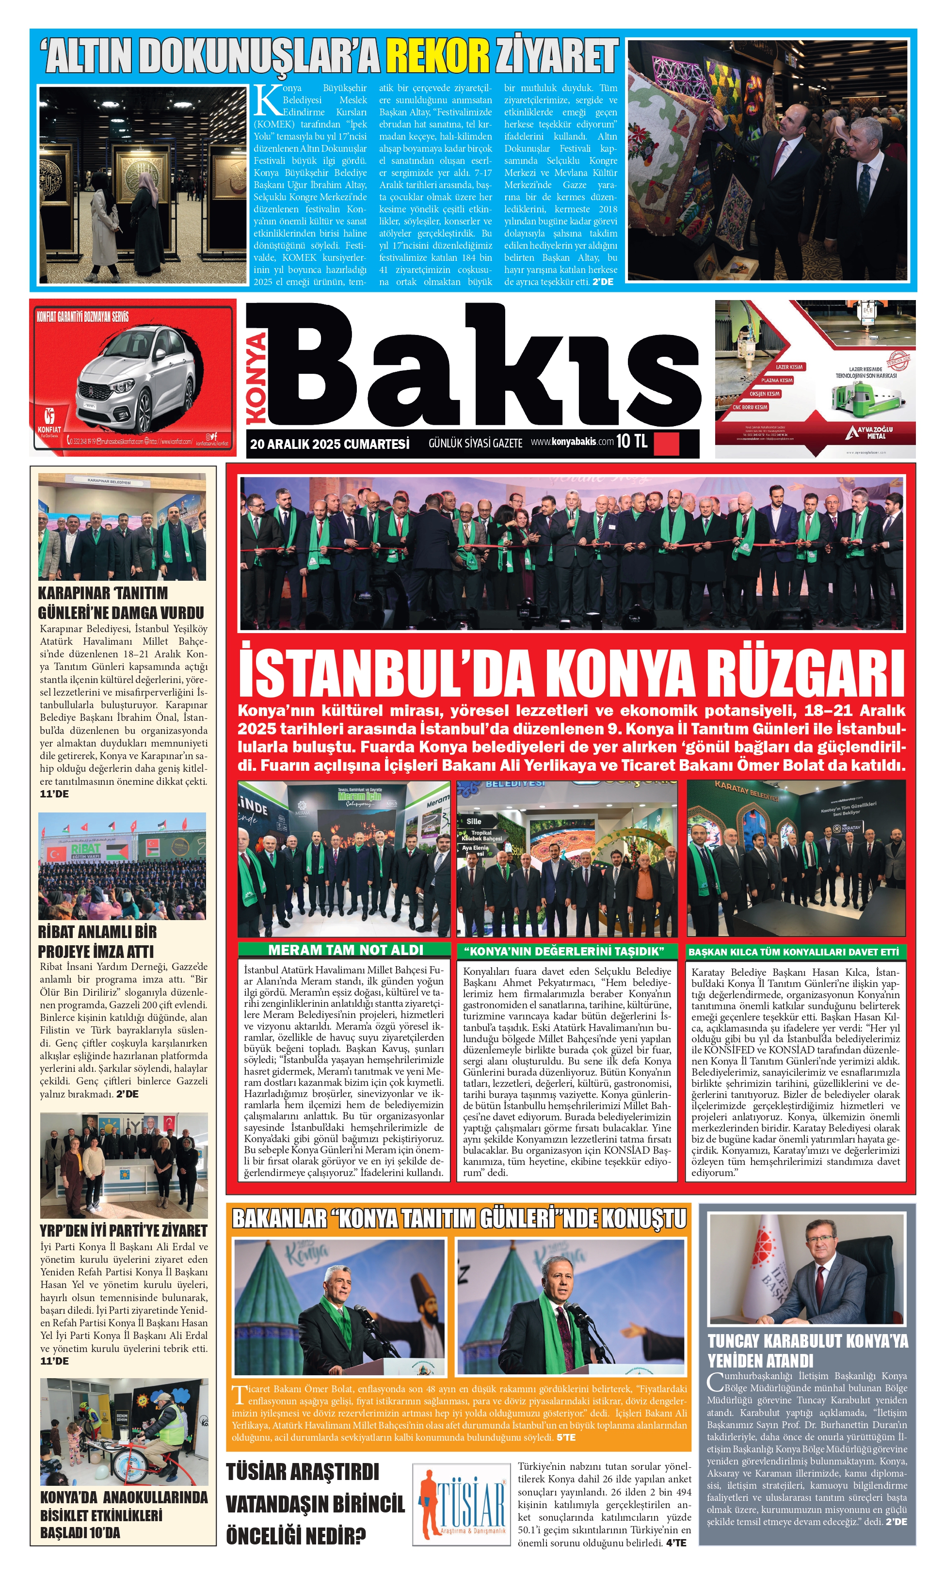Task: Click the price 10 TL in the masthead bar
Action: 632,441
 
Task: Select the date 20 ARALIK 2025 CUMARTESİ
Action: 329,444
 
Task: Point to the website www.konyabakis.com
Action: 572,442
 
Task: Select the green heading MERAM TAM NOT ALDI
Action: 345,950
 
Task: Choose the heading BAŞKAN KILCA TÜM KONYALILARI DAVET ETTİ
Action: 793,952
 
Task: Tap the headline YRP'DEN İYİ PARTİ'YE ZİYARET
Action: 124,1231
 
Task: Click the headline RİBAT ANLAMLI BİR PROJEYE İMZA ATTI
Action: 97,941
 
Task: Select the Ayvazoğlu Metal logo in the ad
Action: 870,432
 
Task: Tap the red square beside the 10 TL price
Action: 667,443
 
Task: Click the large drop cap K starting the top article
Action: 267,100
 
